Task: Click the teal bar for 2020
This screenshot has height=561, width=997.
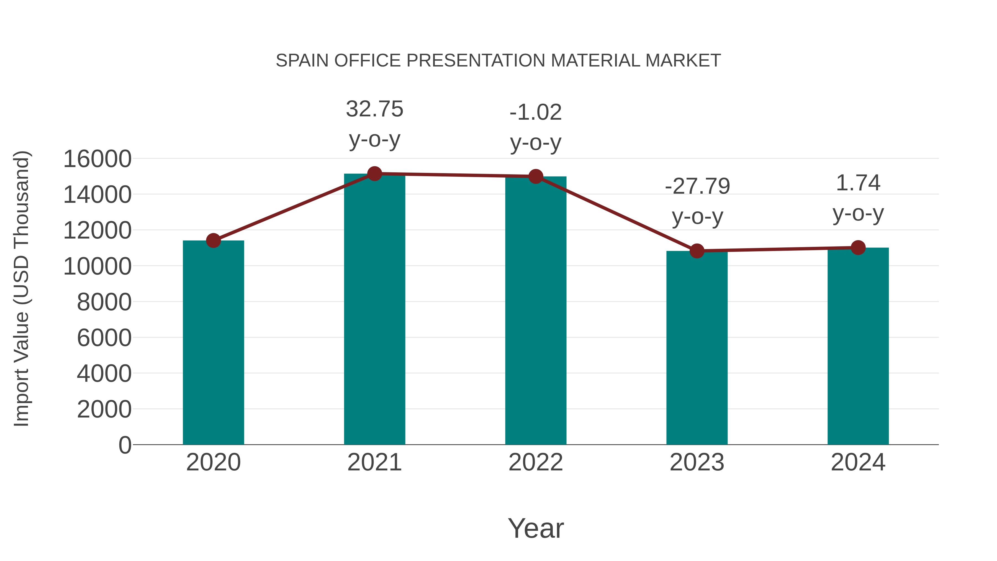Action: [x=213, y=343]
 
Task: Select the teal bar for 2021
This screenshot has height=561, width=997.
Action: [x=374, y=310]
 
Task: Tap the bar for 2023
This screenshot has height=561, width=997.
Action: [x=697, y=349]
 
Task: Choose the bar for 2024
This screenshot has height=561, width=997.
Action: [x=858, y=347]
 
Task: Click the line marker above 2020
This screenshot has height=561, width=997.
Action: [x=213, y=240]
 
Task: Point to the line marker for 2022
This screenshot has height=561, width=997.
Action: [x=536, y=176]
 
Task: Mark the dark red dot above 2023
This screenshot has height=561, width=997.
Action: [x=697, y=251]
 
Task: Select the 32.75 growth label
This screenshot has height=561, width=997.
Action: [x=374, y=109]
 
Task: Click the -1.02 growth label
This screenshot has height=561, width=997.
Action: [x=536, y=113]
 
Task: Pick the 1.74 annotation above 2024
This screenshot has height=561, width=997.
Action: [x=858, y=183]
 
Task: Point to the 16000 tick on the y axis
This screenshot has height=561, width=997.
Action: [x=97, y=159]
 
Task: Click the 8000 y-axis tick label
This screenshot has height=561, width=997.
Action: [x=104, y=302]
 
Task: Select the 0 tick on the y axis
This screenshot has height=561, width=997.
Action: [x=125, y=445]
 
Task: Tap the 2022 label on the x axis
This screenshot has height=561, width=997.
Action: [x=536, y=462]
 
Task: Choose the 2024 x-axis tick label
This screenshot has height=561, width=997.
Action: [x=858, y=462]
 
